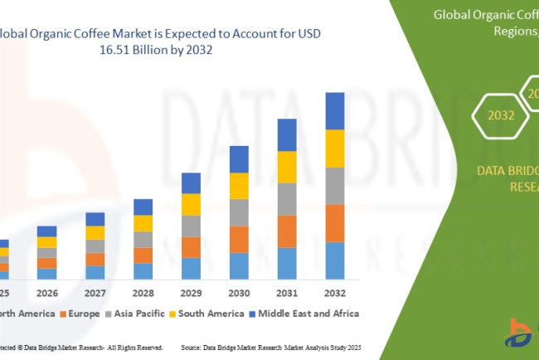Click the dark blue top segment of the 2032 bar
click(x=335, y=111)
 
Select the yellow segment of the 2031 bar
click(x=287, y=167)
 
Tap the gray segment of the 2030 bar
click(x=239, y=212)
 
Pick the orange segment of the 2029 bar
click(x=191, y=247)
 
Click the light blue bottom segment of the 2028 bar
click(x=143, y=270)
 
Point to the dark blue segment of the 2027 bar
click(x=95, y=219)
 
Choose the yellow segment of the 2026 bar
click(x=47, y=242)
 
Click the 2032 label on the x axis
click(x=335, y=293)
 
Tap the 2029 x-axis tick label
click(x=191, y=293)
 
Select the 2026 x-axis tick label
click(x=47, y=293)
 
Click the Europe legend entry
click(x=80, y=314)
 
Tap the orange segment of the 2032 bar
click(x=335, y=223)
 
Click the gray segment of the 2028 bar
click(x=143, y=239)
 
